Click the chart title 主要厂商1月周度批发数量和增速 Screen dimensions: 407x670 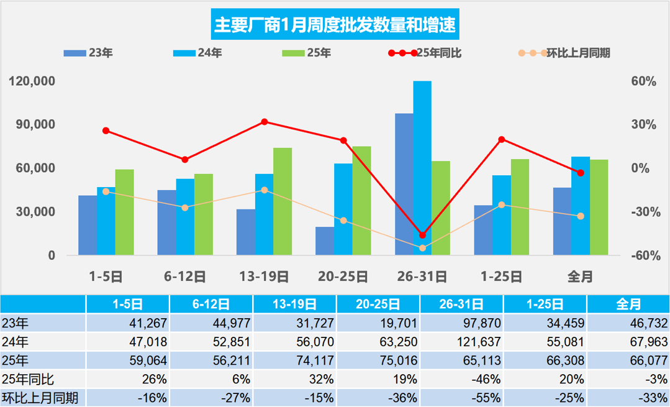(x=335, y=25)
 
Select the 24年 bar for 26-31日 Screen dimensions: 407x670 (x=422, y=168)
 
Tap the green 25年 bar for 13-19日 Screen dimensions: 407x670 (x=283, y=201)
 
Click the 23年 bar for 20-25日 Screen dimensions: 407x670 (x=324, y=241)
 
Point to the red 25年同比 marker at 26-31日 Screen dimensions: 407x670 (x=422, y=235)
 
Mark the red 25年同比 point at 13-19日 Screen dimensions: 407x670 (x=264, y=122)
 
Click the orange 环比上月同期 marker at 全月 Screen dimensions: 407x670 (x=581, y=216)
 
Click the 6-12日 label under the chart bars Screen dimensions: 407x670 (x=185, y=277)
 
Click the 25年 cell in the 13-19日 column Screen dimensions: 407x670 (x=295, y=360)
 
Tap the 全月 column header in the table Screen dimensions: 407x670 (x=628, y=304)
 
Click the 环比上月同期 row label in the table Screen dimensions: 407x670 (x=40, y=398)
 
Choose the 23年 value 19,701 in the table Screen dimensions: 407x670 (x=378, y=323)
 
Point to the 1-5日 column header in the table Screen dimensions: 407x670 (x=127, y=304)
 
